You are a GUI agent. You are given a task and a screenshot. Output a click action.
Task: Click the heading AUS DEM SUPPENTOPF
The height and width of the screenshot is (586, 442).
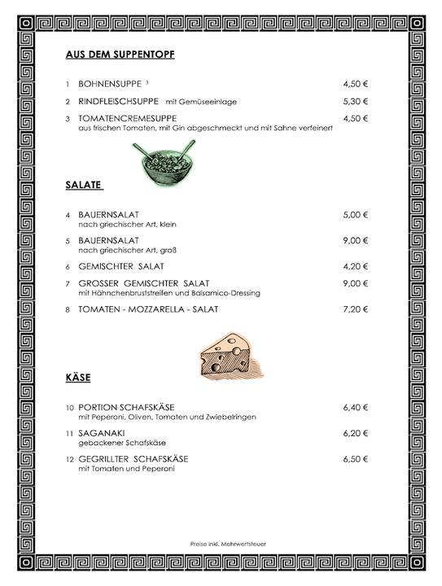[120, 55]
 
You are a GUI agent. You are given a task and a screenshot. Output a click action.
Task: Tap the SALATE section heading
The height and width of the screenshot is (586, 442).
[83, 185]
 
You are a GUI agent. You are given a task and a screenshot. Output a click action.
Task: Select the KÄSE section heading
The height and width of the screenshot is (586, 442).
[77, 378]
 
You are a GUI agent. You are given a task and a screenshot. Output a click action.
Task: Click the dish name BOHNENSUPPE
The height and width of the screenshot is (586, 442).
[110, 84]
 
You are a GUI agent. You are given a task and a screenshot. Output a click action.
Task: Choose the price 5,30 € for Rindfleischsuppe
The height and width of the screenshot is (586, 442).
[356, 101]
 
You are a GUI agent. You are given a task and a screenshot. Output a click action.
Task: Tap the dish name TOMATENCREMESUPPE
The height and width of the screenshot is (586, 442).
[126, 118]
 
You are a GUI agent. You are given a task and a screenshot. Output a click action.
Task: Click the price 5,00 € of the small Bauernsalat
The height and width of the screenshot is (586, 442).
[356, 215]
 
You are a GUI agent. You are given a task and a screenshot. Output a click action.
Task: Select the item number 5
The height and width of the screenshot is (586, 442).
[68, 241]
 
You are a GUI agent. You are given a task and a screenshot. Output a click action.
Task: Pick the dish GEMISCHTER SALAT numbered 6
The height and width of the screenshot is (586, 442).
[121, 266]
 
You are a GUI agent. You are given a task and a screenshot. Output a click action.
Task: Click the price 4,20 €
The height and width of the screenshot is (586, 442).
[356, 266]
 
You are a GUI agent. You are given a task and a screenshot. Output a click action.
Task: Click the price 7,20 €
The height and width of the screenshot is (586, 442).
[356, 309]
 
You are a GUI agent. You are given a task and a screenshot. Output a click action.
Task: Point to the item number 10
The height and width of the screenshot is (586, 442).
[69, 407]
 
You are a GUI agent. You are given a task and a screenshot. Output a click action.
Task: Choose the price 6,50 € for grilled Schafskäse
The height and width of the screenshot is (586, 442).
[356, 459]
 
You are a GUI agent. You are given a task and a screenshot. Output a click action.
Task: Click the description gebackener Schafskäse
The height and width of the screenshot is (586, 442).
[116, 443]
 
